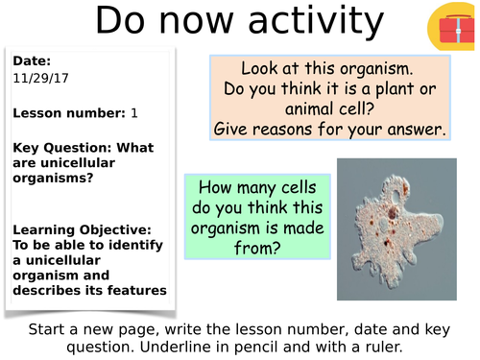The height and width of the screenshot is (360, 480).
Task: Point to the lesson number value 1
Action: [x=134, y=113]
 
